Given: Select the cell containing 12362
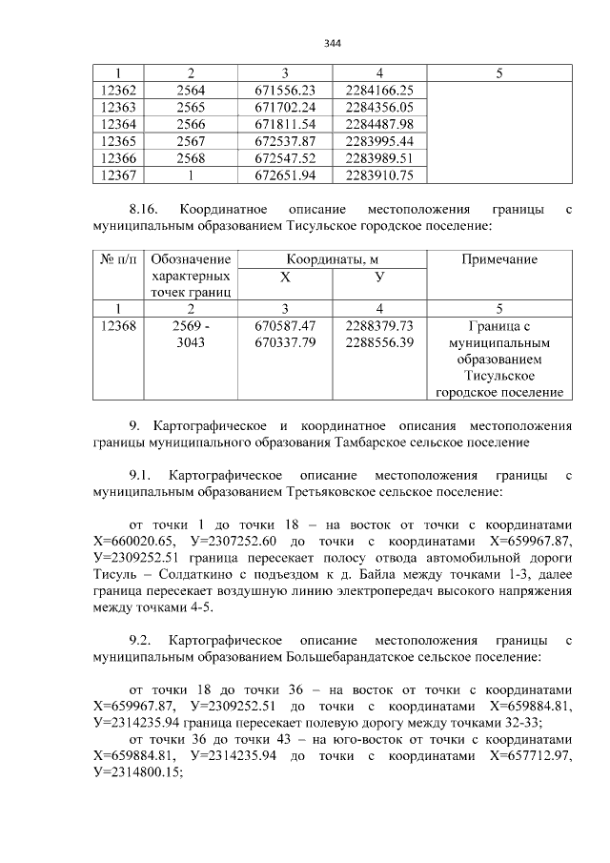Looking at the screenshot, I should (x=118, y=90).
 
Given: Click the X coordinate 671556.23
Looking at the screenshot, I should (x=285, y=90).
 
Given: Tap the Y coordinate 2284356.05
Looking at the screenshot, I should (x=379, y=107).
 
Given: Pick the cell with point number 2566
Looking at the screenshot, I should (x=191, y=124).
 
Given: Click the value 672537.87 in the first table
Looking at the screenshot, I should (x=285, y=141).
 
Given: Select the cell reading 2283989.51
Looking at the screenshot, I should (x=379, y=158).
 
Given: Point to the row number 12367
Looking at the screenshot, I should (x=118, y=175).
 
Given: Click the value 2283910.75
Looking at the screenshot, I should (x=379, y=175).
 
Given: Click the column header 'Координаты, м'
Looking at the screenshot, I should (x=332, y=259).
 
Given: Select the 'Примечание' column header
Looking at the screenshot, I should (x=498, y=259).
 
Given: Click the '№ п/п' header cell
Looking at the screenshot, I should (x=118, y=259).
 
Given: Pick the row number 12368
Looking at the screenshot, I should (x=118, y=326).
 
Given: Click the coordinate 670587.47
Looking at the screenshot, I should (x=285, y=326).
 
